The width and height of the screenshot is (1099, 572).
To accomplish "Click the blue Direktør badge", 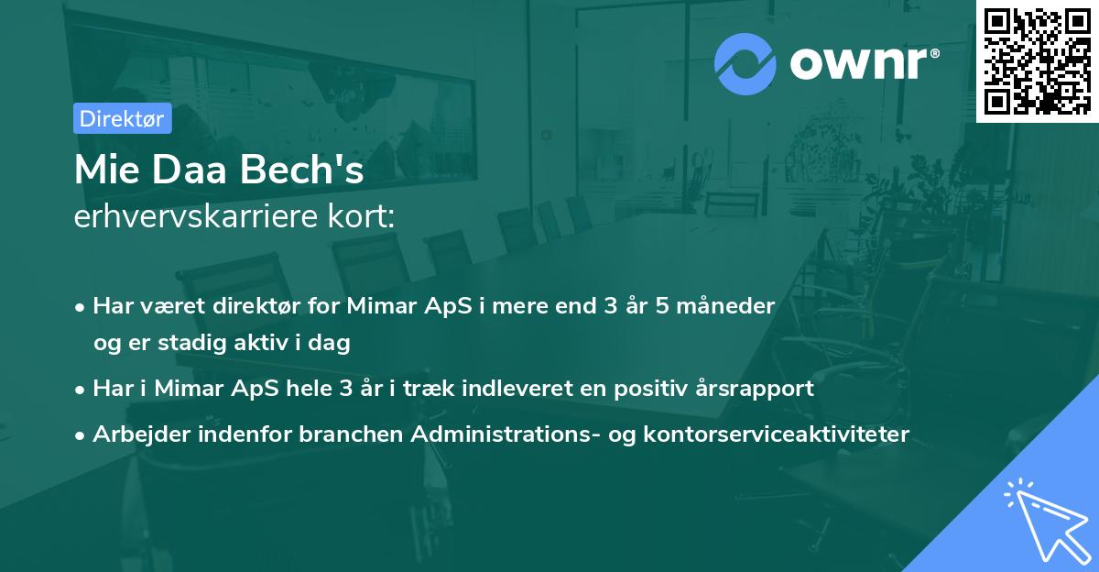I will click(x=122, y=118).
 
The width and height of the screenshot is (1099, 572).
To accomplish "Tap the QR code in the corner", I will click(x=1038, y=60).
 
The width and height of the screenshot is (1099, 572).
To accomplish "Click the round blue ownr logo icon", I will click(x=745, y=63).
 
